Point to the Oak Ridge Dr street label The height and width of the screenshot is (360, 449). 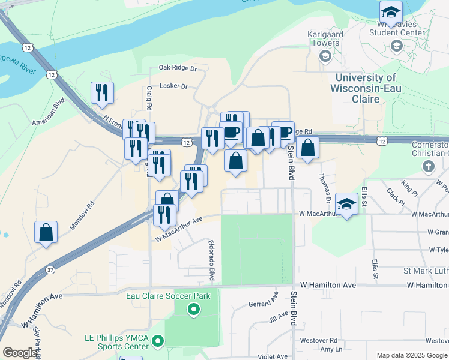tap(178, 69)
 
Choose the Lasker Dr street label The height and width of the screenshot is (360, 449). tap(173, 86)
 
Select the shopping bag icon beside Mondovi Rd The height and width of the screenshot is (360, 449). tap(46, 232)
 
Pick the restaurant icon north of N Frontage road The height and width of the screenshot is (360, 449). tap(101, 92)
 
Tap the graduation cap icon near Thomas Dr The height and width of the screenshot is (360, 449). tap(346, 203)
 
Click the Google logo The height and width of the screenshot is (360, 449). tap(20, 353)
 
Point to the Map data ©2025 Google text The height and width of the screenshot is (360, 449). tap(412, 355)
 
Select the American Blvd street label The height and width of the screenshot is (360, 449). tap(65, 111)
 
